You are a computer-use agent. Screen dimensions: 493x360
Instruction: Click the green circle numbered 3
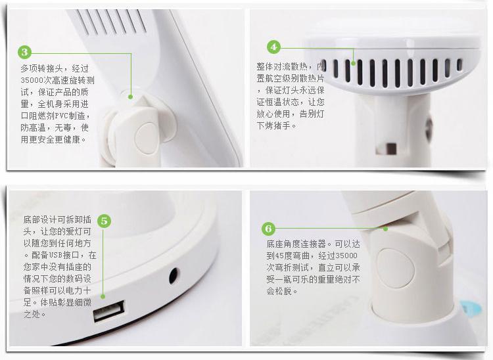(x=25, y=52)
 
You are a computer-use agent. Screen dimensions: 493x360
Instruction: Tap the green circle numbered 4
(x=273, y=47)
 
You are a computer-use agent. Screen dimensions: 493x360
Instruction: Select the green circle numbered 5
(x=104, y=221)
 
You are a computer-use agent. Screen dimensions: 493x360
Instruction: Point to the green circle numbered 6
(x=268, y=229)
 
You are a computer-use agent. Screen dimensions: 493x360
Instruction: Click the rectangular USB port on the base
(x=108, y=310)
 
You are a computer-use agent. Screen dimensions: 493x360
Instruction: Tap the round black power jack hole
(x=174, y=276)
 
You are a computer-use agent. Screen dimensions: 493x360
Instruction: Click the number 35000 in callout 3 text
(x=32, y=80)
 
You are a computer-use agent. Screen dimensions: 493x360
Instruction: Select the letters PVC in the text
(x=61, y=116)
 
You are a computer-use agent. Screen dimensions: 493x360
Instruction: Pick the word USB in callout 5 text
(x=56, y=255)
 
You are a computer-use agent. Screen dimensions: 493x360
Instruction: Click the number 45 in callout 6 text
(x=279, y=256)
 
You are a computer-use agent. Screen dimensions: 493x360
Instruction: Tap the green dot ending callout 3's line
(x=131, y=97)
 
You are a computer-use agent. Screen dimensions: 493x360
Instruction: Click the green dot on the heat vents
(x=354, y=64)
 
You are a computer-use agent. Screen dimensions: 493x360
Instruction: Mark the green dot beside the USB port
(x=103, y=296)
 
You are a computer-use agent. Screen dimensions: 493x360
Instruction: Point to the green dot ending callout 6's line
(x=386, y=229)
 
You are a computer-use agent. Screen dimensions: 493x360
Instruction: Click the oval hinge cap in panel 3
(x=145, y=138)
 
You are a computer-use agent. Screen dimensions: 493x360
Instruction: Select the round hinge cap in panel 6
(x=395, y=267)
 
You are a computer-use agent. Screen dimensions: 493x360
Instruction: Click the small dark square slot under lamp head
(x=391, y=148)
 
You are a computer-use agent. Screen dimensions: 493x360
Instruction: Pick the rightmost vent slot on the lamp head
(x=459, y=65)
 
